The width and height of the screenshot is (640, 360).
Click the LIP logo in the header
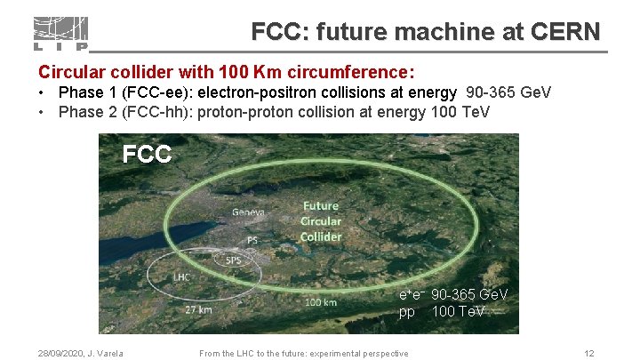tap(60, 34)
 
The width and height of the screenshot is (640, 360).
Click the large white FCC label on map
tap(147, 155)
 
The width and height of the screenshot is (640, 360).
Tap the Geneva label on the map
tap(249, 212)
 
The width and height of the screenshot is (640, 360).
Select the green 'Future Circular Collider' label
tap(320, 221)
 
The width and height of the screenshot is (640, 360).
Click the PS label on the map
tap(252, 240)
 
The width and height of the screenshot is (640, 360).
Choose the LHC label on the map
tap(181, 277)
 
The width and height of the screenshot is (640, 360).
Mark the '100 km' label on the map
tap(320, 302)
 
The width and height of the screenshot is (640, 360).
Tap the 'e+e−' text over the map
tap(411, 294)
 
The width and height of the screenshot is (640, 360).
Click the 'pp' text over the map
tap(406, 312)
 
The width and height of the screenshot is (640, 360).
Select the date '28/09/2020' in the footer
tap(51, 354)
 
